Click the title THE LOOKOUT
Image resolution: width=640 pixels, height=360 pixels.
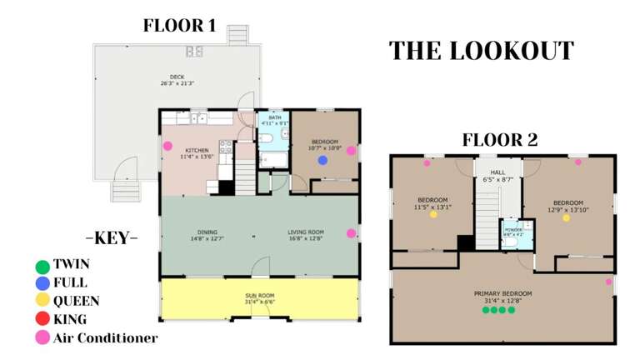coord(482,51)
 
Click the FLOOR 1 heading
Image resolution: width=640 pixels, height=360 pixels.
coord(179,25)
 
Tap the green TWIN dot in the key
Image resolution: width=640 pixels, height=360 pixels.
coord(42,266)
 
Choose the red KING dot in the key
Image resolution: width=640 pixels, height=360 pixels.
coord(42,319)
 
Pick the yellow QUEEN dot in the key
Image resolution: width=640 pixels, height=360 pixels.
coord(42,301)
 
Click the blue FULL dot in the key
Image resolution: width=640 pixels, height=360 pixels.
coord(42,283)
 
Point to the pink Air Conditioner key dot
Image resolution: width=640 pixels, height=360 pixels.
coord(42,337)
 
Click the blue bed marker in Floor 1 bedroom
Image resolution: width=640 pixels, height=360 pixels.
coord(322,160)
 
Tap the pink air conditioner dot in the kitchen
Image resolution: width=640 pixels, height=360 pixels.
coord(167,146)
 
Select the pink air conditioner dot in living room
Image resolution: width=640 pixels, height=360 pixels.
coord(351,233)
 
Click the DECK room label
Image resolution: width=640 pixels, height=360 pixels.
coord(177,78)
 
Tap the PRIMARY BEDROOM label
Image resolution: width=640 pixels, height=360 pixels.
coord(502,294)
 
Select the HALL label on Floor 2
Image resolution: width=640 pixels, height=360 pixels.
coord(497,172)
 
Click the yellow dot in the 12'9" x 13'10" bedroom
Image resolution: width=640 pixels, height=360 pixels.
coord(567,217)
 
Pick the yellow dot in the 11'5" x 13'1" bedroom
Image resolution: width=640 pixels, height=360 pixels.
coord(432,214)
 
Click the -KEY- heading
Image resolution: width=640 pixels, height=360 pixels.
coord(111,238)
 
